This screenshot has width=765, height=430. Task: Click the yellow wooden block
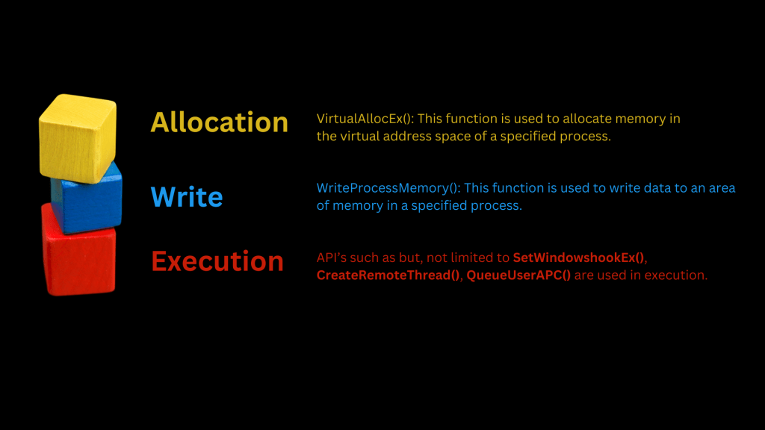pos(78,138)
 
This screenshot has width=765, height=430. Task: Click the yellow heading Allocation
pos(219,122)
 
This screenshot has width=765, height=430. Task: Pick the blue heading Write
pos(186,197)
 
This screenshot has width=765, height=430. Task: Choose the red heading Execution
pos(217,261)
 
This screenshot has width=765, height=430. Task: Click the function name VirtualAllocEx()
pos(365,119)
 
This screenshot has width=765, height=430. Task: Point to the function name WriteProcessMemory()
pos(388,188)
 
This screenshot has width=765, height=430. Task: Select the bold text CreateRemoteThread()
pos(388,275)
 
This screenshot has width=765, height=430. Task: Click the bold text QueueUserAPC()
pos(518,275)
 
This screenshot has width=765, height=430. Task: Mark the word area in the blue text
pos(722,189)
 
